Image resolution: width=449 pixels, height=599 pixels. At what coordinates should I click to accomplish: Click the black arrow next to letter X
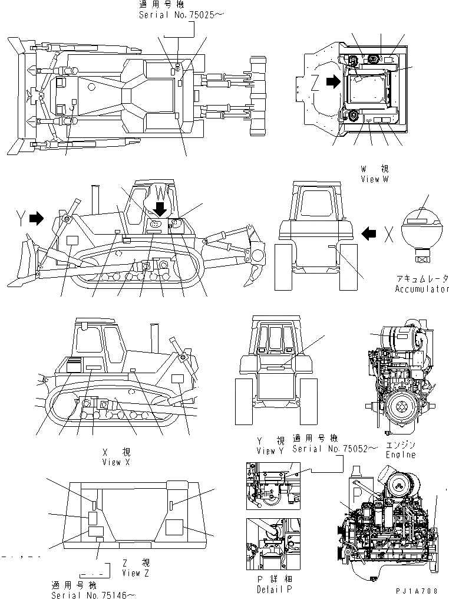click(369, 234)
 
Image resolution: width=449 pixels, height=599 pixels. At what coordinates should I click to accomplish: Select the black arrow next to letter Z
click(333, 83)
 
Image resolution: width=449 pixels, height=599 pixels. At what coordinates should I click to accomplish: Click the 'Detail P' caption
click(270, 589)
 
